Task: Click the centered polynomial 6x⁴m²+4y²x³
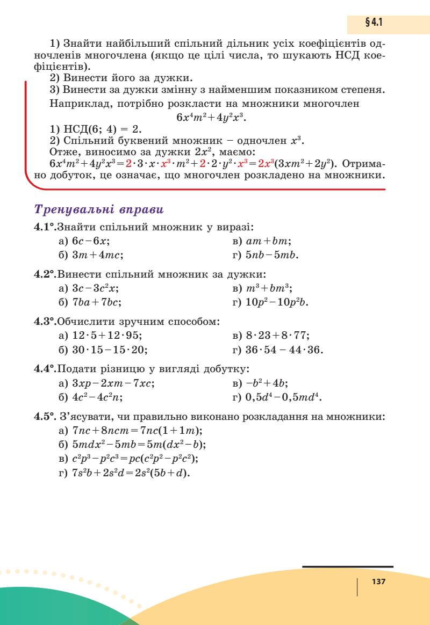(214, 117)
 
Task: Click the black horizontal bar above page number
(347, 566)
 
